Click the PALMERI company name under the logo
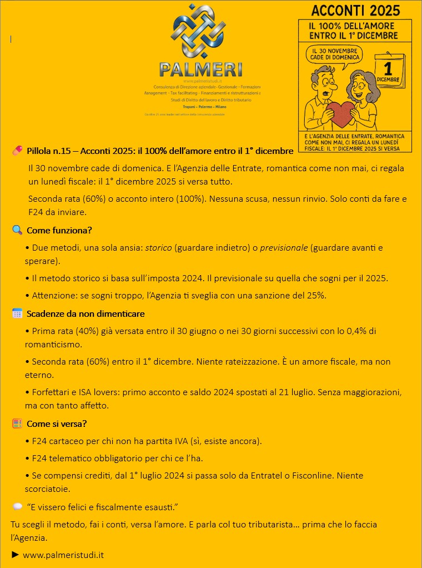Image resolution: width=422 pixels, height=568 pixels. click(x=200, y=69)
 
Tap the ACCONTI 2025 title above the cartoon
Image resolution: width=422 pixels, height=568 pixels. click(x=355, y=10)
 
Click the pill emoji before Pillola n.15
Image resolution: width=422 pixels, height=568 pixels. click(x=17, y=151)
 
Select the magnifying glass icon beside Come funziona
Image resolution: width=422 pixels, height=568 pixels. click(x=17, y=230)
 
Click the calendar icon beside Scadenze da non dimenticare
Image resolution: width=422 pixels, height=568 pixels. click(x=17, y=313)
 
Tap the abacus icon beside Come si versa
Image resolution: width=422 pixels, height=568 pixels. click(x=17, y=423)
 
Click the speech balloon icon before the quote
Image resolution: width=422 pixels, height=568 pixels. click(x=17, y=507)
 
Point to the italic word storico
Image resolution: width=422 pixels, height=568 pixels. click(x=158, y=247)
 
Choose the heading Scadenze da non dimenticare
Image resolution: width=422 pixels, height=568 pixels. click(x=86, y=314)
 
